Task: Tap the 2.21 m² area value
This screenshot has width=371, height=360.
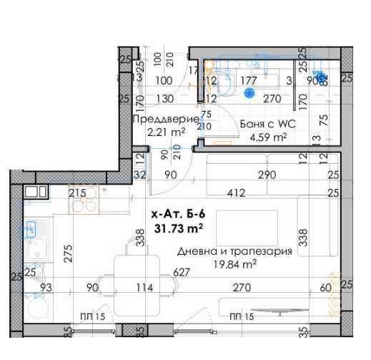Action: (166, 132)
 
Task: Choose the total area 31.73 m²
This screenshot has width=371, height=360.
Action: (178, 228)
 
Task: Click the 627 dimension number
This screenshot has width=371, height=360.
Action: (182, 273)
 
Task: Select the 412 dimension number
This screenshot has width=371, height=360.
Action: (237, 193)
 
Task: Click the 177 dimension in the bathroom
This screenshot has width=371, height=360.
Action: (249, 81)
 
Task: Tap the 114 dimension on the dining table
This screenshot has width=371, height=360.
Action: (146, 288)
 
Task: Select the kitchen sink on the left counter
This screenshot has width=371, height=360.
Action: (32, 230)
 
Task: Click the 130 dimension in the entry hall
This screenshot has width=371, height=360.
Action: (164, 99)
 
